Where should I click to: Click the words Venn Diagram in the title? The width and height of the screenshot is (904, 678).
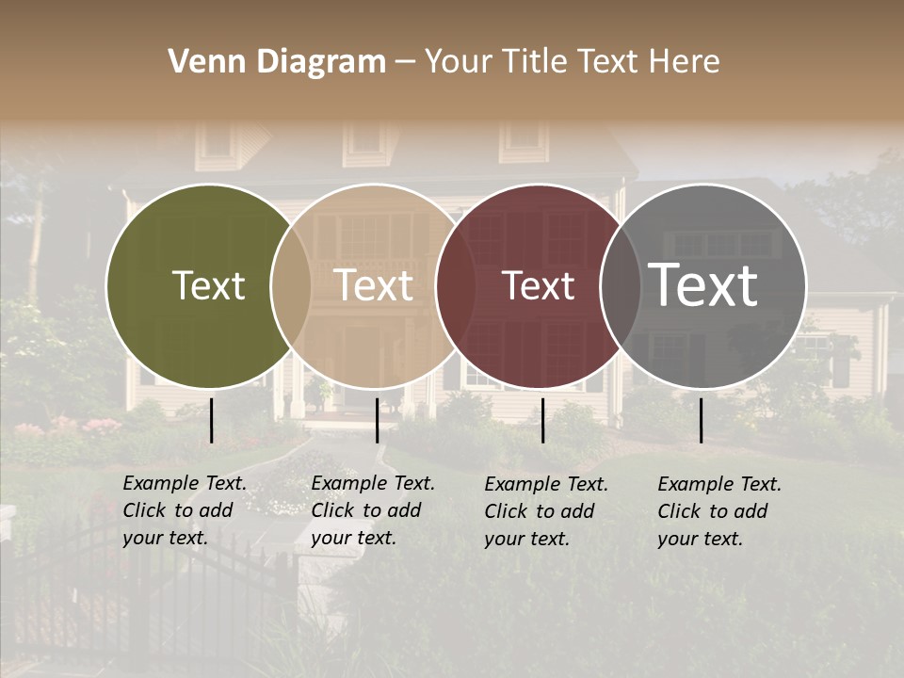coord(277,62)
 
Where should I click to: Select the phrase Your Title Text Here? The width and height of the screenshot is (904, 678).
coord(572,62)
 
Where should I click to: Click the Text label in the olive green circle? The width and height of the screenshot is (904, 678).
coord(208,286)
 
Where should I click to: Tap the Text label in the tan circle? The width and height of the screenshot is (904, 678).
coord(374,286)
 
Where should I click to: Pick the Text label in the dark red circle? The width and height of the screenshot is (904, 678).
coord(539,286)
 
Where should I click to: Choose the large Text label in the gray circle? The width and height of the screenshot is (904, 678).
coord(703,284)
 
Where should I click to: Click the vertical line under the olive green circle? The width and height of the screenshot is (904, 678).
coord(212,420)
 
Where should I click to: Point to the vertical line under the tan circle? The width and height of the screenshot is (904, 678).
coord(377,420)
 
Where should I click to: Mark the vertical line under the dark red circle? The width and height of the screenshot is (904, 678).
coord(542,420)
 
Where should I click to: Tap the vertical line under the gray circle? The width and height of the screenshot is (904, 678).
coord(702,420)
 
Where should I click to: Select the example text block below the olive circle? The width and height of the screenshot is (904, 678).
coord(185,511)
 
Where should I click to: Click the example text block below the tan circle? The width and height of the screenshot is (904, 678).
coord(373,511)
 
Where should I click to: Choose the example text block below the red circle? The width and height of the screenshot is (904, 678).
coord(546,511)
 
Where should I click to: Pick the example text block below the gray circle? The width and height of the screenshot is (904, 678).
coord(719,511)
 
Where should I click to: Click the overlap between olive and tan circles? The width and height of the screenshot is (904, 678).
coord(291,286)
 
